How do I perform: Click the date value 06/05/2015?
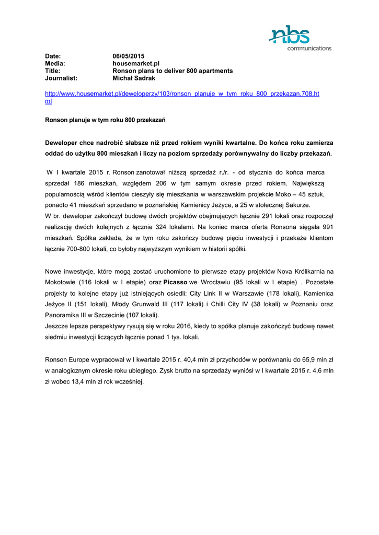coord(129,56)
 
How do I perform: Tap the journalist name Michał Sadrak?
coord(135,78)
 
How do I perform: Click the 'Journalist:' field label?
coord(61,78)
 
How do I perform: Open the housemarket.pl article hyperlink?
coord(182,94)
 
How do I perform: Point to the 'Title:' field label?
coord(53,71)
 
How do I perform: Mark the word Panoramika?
coord(64,315)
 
